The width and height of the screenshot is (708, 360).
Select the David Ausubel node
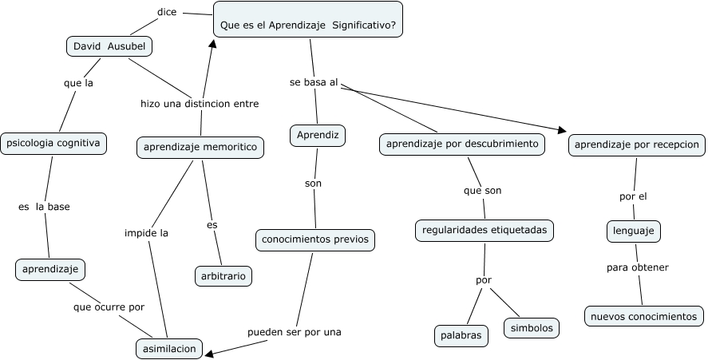coord(109,46)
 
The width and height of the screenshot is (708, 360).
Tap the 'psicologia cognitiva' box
coord(53,144)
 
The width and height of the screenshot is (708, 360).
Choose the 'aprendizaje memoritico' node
coord(200,147)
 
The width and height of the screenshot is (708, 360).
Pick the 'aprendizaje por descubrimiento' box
coord(462,144)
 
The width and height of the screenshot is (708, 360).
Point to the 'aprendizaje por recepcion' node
coord(637,144)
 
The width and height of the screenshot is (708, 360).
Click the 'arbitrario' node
coord(223,276)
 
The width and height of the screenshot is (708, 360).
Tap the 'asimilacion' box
coord(169,348)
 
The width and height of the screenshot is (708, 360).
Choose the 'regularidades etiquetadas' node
coord(485,231)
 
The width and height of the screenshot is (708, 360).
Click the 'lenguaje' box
coord(634,231)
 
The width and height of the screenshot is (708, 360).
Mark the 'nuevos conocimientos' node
coord(644,316)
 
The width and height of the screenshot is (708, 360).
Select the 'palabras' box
coord(461,335)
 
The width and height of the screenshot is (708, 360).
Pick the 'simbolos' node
coord(531,327)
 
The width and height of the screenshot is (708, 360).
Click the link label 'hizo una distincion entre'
coord(200,104)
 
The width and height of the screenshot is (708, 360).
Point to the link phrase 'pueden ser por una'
coord(294,332)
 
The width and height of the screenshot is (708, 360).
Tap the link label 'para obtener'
coord(637,267)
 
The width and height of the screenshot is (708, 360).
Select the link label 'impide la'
coord(146,233)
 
